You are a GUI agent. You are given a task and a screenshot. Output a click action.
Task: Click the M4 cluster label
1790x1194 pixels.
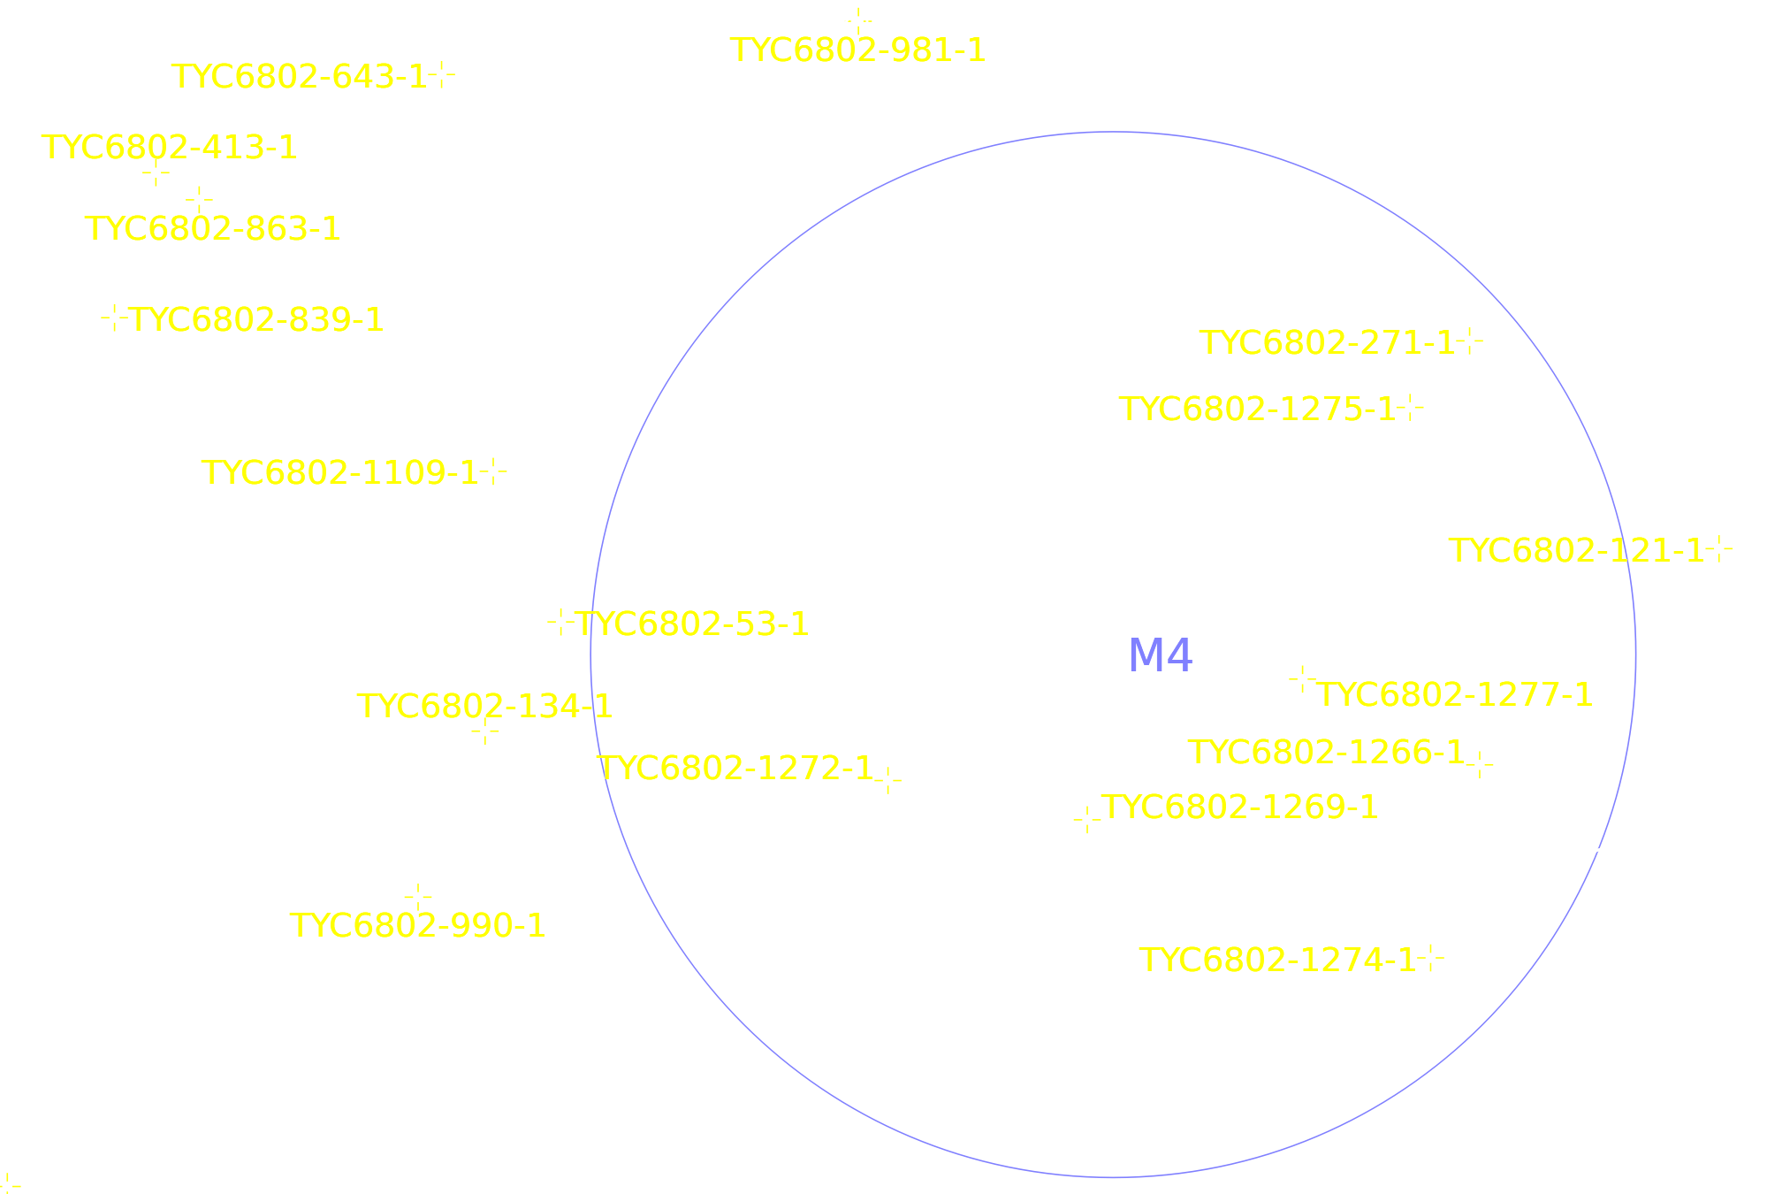click(x=1160, y=656)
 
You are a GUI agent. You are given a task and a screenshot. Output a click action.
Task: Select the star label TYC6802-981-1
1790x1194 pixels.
click(x=857, y=50)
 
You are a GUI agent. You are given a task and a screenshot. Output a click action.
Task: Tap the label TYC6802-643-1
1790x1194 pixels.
click(x=299, y=77)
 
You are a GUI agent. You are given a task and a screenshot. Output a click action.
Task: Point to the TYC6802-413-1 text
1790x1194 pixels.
click(x=170, y=148)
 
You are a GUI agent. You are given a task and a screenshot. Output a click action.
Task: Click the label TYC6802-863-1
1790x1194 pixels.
click(x=212, y=229)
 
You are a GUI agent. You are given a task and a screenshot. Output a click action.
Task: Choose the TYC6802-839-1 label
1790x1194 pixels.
click(x=256, y=320)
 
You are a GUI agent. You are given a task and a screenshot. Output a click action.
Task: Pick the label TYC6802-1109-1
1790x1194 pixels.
click(x=340, y=473)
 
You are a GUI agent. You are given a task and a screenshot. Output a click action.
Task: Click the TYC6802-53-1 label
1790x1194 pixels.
click(x=692, y=624)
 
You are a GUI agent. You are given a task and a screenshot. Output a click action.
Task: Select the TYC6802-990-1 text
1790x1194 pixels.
click(x=417, y=926)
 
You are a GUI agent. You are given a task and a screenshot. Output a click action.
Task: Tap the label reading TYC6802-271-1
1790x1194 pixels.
click(x=1327, y=343)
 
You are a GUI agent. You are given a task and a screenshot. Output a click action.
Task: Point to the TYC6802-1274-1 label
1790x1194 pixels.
click(x=1277, y=961)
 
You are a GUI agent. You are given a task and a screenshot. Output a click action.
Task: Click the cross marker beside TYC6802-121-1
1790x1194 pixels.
click(x=1719, y=549)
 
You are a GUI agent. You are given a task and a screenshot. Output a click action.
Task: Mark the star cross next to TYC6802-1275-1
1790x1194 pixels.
click(x=1411, y=408)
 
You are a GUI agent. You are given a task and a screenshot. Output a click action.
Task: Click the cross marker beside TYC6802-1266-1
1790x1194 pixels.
click(x=1481, y=764)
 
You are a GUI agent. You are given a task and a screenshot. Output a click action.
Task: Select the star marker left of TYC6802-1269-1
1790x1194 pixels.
click(x=1087, y=820)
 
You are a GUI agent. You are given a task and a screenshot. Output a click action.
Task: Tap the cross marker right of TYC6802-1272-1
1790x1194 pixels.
click(x=888, y=780)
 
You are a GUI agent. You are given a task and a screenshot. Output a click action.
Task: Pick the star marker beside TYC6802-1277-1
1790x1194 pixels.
click(x=1303, y=679)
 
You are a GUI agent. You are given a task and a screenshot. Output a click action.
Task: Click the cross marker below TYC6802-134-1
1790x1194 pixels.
click(x=485, y=731)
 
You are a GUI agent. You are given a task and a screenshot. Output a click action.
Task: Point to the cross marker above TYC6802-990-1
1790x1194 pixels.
click(x=418, y=897)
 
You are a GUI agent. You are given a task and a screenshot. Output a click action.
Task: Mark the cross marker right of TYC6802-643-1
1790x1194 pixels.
click(x=442, y=75)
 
